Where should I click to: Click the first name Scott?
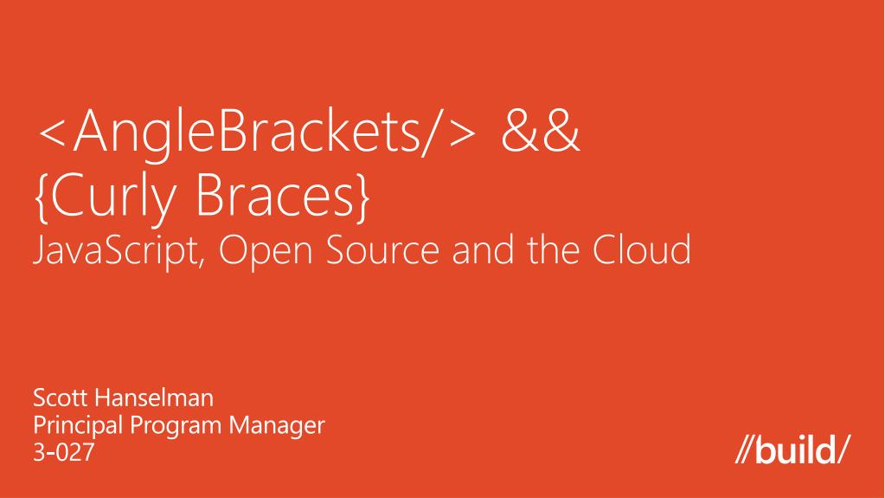click(57, 400)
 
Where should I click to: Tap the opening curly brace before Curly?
click(42, 197)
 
